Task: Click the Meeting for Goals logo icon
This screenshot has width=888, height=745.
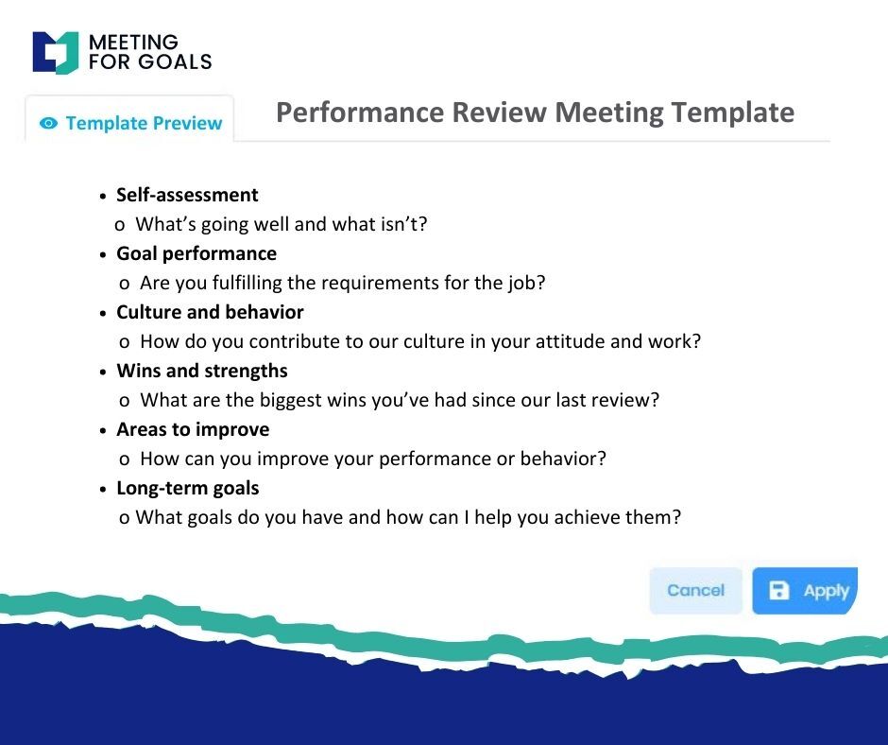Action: (56, 53)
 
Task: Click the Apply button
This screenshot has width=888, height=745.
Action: (805, 591)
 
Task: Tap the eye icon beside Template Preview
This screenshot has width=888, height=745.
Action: (49, 123)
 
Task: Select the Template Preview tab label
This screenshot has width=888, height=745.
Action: (144, 123)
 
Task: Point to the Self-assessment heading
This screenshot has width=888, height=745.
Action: (187, 195)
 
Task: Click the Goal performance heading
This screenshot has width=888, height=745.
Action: (196, 254)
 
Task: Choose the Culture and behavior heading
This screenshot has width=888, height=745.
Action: (210, 312)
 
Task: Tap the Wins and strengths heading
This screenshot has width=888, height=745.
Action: (202, 371)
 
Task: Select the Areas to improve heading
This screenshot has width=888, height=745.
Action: (193, 430)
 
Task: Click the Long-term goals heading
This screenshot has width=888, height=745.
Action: (188, 488)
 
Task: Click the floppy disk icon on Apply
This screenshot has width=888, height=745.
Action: (778, 590)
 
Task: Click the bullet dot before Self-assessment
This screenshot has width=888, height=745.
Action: (103, 196)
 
